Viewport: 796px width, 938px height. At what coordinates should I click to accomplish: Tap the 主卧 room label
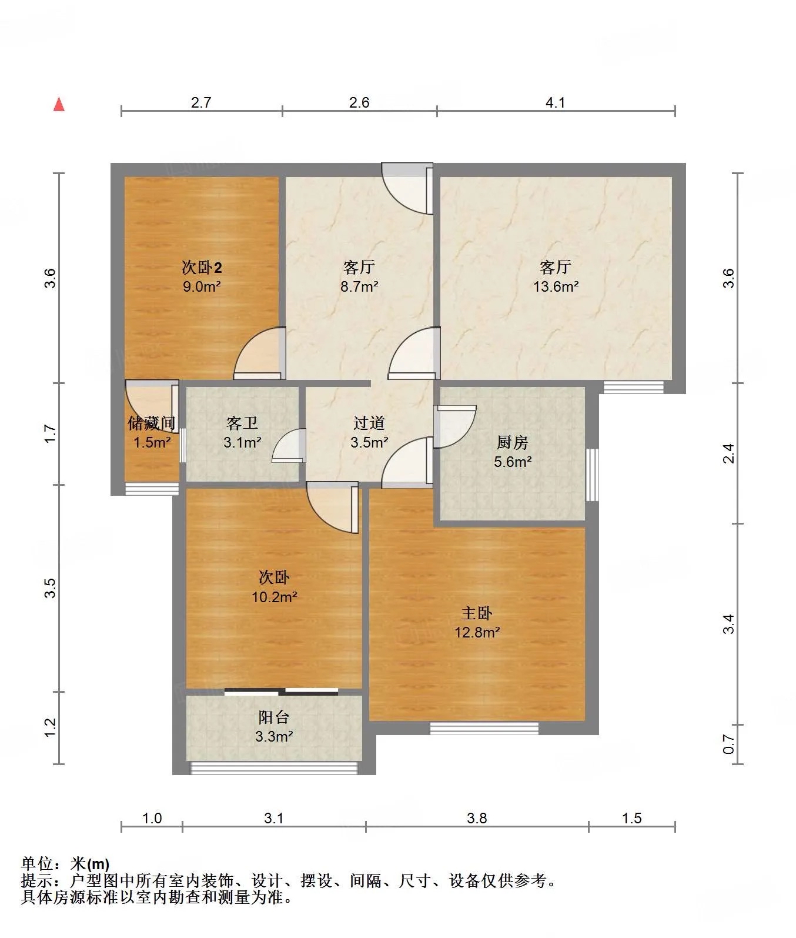coord(477,613)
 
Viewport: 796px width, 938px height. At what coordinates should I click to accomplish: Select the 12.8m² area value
coord(477,633)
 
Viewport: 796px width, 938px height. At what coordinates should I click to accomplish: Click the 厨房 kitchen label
coord(513,442)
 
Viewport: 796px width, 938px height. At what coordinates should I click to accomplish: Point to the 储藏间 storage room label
coord(152,423)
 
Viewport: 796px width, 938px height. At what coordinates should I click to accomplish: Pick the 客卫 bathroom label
coord(242,423)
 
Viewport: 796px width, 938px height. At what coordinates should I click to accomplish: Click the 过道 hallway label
coord(369,423)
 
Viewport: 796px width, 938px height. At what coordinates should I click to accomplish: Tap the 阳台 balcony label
coord(274,717)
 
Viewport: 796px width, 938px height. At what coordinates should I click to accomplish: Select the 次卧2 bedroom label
coord(201,268)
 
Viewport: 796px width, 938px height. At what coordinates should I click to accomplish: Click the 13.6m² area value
coord(556,287)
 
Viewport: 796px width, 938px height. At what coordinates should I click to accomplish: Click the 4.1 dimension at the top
coord(556,103)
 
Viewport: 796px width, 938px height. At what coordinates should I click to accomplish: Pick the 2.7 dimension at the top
coord(201,103)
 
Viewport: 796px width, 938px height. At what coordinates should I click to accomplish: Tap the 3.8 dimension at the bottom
coord(477,818)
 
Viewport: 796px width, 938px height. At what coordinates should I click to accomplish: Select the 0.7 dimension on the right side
coord(729,745)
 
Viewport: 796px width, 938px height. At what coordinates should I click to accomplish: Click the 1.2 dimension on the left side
coord(51,727)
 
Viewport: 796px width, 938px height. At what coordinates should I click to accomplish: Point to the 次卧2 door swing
coord(259,354)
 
